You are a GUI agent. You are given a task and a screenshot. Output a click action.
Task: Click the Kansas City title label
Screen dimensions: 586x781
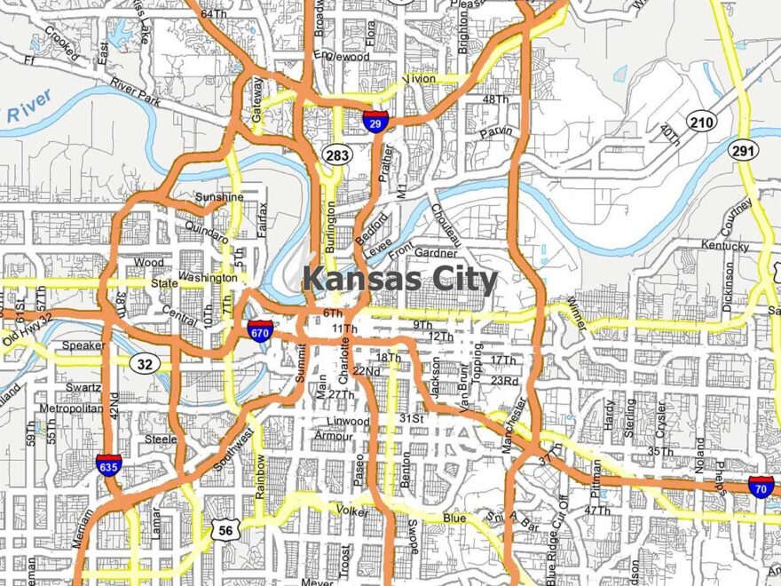(x=399, y=281)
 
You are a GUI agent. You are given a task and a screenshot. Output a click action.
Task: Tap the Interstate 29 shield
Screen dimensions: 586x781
(x=375, y=122)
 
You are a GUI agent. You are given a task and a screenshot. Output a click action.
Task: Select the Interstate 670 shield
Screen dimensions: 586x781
(x=260, y=331)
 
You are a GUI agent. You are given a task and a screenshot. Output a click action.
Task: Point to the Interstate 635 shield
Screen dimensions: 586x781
(x=109, y=463)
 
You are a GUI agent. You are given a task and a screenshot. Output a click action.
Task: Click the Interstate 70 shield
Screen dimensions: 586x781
(x=761, y=486)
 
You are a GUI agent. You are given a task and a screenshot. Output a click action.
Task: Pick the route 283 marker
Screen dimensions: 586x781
(x=337, y=154)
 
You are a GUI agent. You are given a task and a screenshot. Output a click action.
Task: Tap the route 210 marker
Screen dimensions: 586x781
(x=701, y=121)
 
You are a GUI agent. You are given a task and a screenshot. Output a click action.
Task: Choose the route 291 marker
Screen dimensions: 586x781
(x=744, y=151)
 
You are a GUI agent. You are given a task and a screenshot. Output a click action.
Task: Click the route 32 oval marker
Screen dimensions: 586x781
(x=144, y=362)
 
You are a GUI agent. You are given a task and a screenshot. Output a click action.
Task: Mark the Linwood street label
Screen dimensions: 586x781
(x=348, y=420)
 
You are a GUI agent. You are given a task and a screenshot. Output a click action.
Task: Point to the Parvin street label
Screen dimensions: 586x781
(x=496, y=132)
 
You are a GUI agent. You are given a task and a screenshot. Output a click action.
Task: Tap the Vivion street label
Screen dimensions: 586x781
(x=419, y=79)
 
